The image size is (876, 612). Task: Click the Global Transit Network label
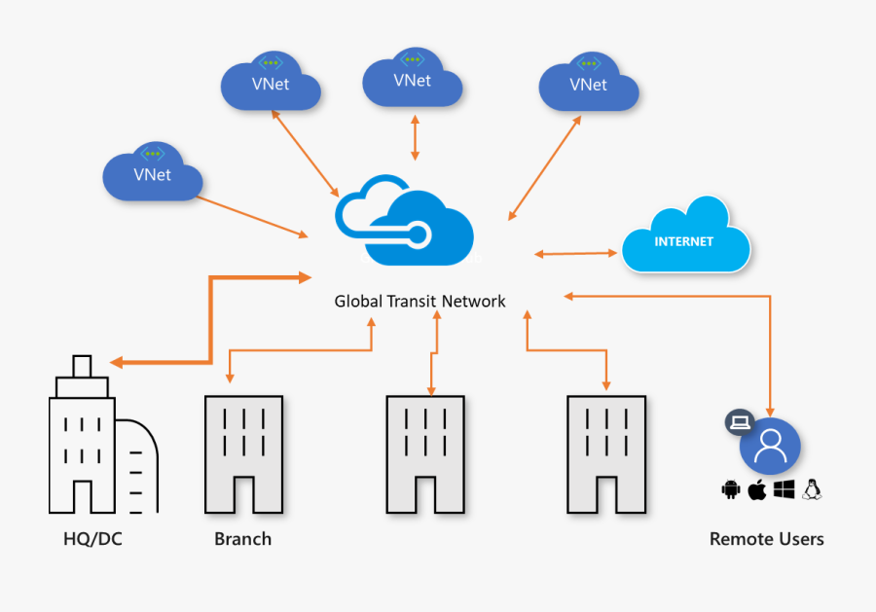420,302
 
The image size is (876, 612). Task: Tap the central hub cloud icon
404,221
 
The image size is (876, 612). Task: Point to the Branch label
242,538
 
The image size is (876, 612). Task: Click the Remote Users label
766,538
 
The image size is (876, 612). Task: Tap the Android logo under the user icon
731,489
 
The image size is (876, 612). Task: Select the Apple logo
756,489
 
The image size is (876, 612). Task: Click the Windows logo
784,489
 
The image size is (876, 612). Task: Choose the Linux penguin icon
812,489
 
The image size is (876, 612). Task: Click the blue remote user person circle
770,446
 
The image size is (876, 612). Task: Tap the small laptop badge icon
740,422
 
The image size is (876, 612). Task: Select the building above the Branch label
243,452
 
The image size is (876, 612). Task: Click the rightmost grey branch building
605,452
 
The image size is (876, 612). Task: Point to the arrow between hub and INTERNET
576,254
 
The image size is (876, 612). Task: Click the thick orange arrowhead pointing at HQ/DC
117,363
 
